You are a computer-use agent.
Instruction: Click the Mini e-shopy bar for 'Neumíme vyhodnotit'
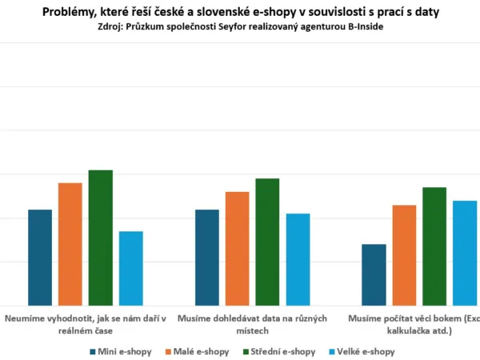coord(40,257)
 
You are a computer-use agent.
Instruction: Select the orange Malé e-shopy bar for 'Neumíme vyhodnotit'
coord(70,244)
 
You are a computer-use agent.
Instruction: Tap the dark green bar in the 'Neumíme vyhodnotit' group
coord(101,238)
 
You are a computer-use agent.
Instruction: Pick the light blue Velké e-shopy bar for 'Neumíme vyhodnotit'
coord(131,268)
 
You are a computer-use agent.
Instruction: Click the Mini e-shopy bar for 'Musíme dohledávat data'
coord(207,257)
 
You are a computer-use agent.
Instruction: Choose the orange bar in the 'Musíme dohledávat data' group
coord(238,248)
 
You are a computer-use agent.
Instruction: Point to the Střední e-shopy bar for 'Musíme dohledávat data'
coord(268,242)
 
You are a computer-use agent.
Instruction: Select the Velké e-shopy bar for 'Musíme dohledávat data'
coord(298,259)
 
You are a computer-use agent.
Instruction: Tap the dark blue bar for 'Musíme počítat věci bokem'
coord(374,274)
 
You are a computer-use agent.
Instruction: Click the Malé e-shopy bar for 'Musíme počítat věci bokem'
coord(404,255)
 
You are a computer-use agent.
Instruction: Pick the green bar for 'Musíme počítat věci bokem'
coord(434,246)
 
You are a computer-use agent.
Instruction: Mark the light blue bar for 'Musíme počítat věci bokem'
coord(465,253)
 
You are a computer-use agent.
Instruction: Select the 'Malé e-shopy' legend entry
coord(200,351)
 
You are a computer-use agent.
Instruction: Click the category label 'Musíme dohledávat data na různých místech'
coord(253,324)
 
